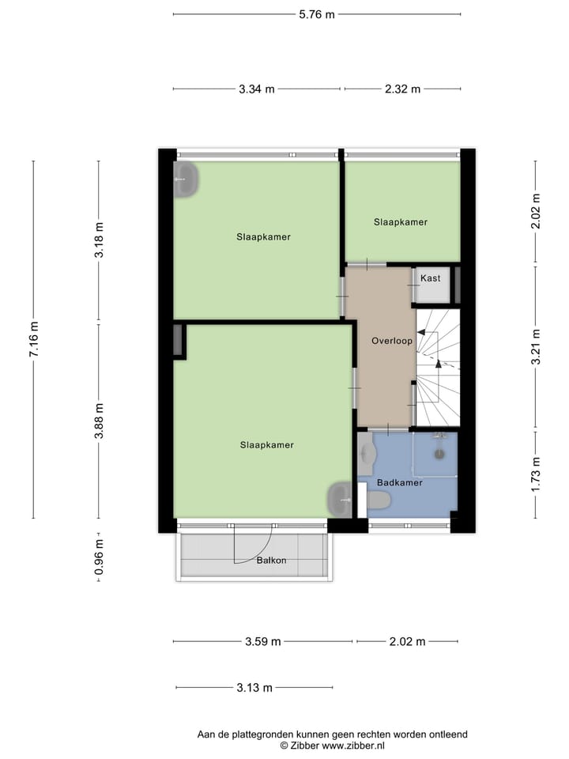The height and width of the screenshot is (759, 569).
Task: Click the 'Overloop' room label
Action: (x=392, y=341)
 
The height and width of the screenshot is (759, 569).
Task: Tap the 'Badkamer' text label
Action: (x=399, y=482)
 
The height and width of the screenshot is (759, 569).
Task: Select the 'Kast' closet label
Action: (x=431, y=278)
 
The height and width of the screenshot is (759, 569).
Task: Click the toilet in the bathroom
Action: (x=377, y=500)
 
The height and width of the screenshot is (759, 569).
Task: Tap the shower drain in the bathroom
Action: (x=440, y=453)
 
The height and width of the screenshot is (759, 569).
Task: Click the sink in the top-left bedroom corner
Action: (x=186, y=179)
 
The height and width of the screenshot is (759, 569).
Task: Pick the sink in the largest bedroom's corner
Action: (x=340, y=499)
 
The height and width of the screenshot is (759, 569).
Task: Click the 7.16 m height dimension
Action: (x=33, y=340)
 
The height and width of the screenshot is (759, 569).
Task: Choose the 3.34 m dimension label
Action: (x=257, y=89)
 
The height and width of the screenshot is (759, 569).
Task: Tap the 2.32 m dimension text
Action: (x=402, y=89)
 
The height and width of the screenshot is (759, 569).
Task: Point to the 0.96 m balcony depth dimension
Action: (x=99, y=557)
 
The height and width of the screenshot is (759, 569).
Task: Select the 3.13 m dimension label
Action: (x=254, y=688)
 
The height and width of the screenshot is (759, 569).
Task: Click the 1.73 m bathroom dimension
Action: (x=536, y=474)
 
